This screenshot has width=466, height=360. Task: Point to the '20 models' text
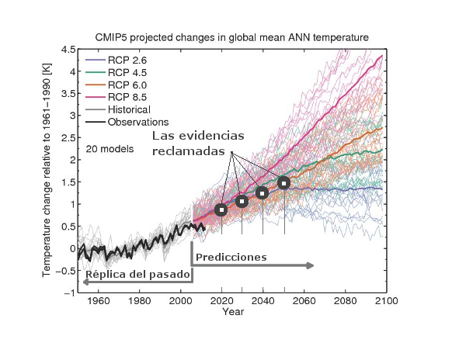coord(110,147)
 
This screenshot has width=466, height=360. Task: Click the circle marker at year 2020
coord(221,209)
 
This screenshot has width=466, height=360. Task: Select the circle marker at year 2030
coord(242,202)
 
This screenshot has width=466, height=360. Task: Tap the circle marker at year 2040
coord(263,192)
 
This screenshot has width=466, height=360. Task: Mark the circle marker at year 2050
coord(283,183)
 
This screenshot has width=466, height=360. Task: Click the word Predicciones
coord(231,256)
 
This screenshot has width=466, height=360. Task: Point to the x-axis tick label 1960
coord(98,301)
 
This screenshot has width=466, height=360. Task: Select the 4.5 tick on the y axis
coord(68,49)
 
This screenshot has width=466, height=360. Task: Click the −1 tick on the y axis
coord(68,292)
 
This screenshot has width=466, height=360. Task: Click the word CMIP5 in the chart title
coord(114,36)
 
